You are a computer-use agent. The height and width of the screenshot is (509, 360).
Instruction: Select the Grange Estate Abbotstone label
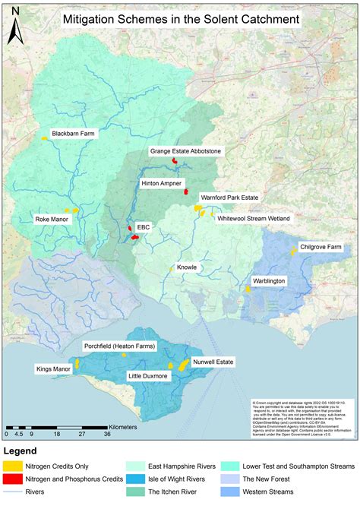(185, 152)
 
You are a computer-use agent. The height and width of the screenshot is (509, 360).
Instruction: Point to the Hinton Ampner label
(161, 184)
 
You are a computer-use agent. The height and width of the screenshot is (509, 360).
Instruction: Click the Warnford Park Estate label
(229, 198)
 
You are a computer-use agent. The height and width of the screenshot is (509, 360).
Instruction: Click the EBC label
(144, 226)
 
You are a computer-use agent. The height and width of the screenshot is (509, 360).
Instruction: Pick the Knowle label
(187, 267)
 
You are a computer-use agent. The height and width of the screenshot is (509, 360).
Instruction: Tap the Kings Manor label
(53, 368)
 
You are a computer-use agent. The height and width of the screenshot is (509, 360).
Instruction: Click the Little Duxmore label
(148, 376)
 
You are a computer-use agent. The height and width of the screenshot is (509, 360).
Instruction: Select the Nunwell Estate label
(212, 362)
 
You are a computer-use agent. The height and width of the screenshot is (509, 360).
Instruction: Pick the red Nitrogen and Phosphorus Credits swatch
(12, 480)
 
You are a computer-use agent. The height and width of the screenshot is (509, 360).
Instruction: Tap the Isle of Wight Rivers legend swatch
(135, 480)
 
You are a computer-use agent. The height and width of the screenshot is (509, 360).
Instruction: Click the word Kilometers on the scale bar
(118, 427)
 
